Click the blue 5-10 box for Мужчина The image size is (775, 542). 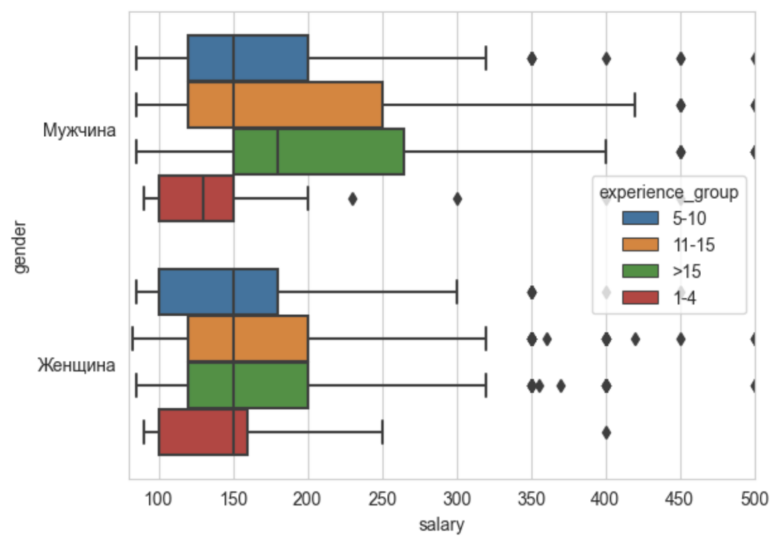point(248,59)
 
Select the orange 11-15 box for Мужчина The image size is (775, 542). point(285,105)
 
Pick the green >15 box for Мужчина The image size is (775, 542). point(318,152)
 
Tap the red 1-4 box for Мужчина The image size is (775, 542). point(196,198)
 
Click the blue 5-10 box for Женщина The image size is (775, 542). point(217,292)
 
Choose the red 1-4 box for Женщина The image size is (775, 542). point(203,433)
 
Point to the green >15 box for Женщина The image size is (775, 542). point(248,386)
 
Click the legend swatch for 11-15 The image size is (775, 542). point(639,245)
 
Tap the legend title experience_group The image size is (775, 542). point(669,193)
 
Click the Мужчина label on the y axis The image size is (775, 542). point(80,130)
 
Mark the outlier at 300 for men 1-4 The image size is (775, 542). point(457,198)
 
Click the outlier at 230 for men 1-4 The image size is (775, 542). point(353,198)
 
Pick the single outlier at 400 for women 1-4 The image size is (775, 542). point(606,433)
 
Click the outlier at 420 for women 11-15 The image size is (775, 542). point(635,340)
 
